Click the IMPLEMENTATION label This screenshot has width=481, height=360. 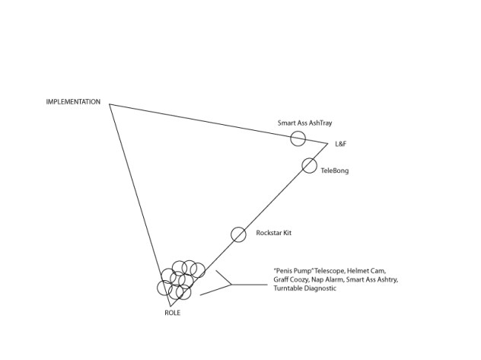pyautogui.click(x=73, y=101)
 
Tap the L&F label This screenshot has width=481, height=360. pyautogui.click(x=340, y=144)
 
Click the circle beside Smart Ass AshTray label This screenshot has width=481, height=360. pyautogui.click(x=298, y=139)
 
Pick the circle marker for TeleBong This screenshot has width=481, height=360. pyautogui.click(x=309, y=165)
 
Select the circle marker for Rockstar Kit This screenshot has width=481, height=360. pyautogui.click(x=238, y=234)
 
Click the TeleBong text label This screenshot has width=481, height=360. pyautogui.click(x=335, y=171)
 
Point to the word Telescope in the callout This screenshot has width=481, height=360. pyautogui.click(x=326, y=271)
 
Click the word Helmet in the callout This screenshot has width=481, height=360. pyautogui.click(x=358, y=271)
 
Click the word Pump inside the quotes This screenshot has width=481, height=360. pyautogui.click(x=298, y=271)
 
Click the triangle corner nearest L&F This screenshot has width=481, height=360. pyautogui.click(x=328, y=143)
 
